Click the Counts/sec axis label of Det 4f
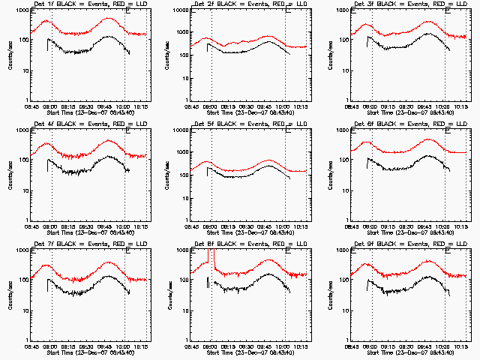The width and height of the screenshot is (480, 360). pos(10,175)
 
